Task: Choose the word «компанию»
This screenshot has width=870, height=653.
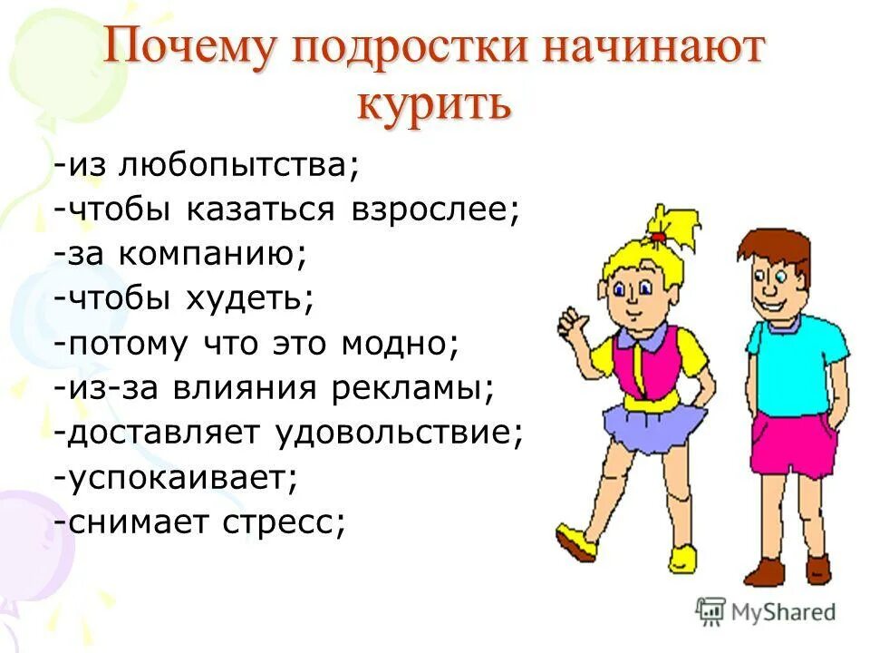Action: (217, 255)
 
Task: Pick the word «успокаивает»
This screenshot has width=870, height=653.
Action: (180, 477)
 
